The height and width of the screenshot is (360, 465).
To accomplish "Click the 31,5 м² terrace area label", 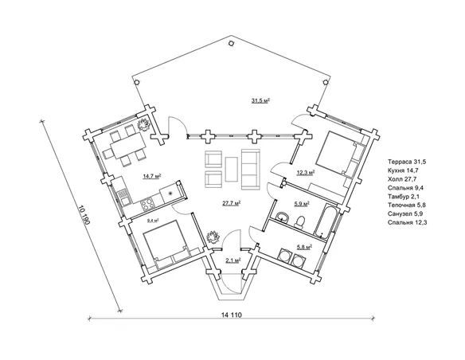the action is click(x=260, y=101).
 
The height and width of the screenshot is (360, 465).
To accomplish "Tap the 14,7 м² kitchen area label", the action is click(x=152, y=177).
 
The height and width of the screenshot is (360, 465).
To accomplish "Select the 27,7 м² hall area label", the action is click(x=232, y=203).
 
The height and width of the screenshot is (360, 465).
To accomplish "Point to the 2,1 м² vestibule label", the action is click(x=233, y=260).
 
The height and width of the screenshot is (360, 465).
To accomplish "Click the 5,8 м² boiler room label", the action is click(x=304, y=246).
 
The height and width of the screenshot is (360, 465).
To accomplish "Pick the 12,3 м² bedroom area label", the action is click(x=306, y=172).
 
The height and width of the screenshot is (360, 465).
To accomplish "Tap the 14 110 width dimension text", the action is click(x=232, y=315).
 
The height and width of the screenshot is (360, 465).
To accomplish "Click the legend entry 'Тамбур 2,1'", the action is click(x=403, y=196).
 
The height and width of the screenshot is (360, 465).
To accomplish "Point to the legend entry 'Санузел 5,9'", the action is click(x=404, y=213).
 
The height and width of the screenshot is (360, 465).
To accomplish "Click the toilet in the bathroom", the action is click(x=300, y=221).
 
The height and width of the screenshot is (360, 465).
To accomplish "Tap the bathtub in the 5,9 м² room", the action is click(x=325, y=221).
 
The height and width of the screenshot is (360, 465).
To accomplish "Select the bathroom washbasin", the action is click(x=282, y=217).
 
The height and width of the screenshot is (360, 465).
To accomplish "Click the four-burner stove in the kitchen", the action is click(x=147, y=204).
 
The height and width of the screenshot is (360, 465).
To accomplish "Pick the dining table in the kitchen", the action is click(x=128, y=147).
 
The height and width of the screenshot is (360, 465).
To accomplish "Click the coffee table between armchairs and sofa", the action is click(x=232, y=169).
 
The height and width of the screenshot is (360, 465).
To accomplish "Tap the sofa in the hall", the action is click(x=251, y=169).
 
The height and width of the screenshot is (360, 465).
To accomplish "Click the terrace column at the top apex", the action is click(x=231, y=43).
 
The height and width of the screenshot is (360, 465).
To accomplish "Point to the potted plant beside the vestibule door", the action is click(x=213, y=237).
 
